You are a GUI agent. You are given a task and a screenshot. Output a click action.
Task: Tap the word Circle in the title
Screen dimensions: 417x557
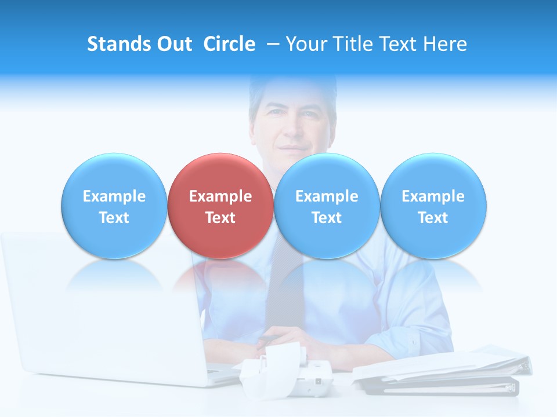(229, 44)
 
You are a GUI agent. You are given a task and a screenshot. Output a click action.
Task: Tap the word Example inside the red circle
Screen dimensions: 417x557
(220, 196)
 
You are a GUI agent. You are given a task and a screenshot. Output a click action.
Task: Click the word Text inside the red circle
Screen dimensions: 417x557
(220, 218)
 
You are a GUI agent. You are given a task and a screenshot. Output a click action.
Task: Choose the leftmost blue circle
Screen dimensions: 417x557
(114, 174)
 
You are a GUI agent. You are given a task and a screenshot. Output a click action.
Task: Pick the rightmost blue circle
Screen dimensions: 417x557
(433, 174)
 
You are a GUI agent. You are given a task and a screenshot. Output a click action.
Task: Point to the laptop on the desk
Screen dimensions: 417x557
(104, 313)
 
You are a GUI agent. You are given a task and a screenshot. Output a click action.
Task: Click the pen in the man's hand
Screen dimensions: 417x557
(268, 338)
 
